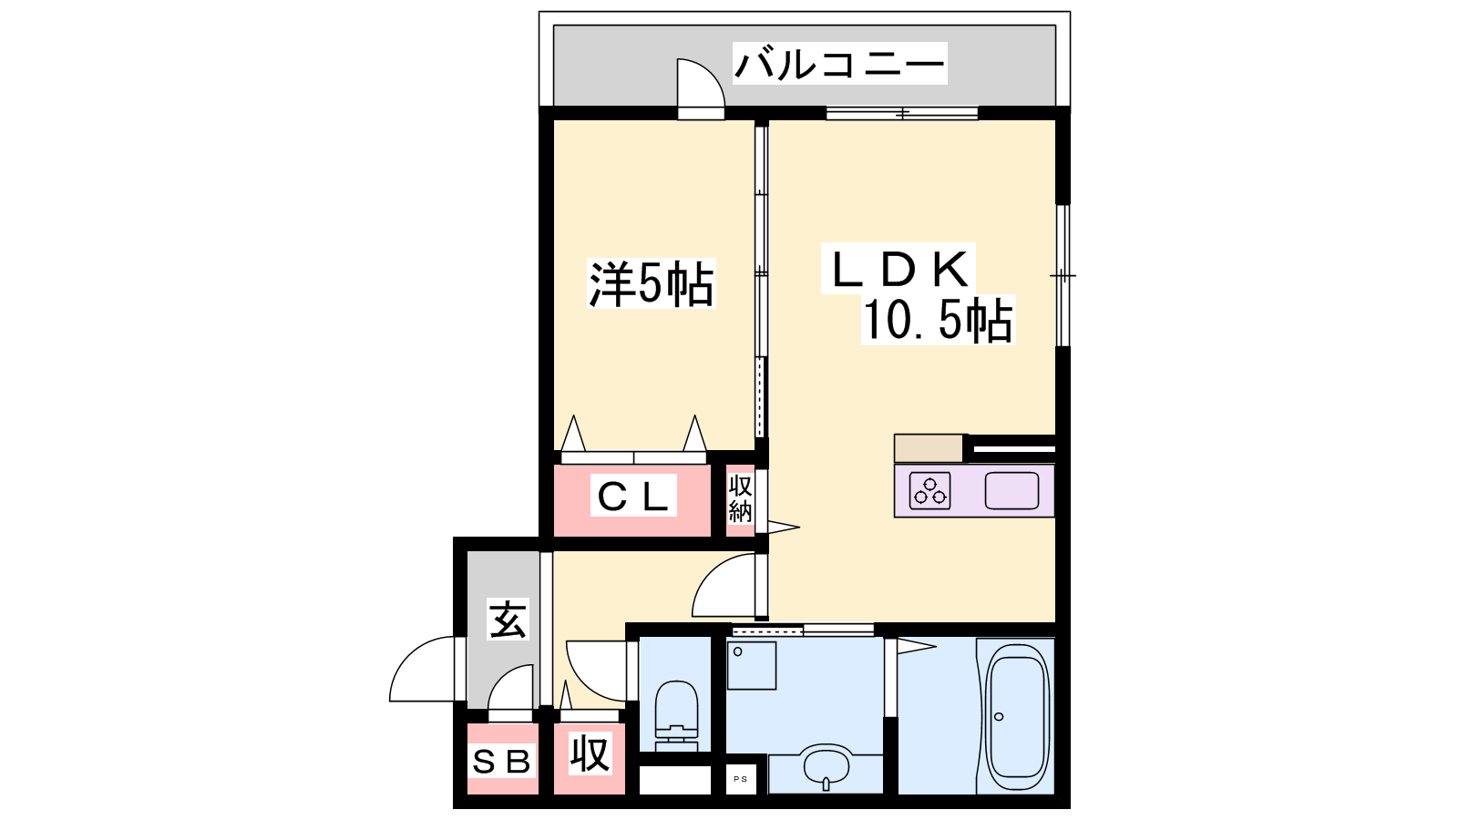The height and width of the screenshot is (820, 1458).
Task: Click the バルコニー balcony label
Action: click(839, 64)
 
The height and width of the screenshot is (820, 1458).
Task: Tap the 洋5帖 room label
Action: click(651, 283)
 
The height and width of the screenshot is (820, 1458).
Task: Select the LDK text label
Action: click(898, 269)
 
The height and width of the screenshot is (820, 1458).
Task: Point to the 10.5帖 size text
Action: click(938, 320)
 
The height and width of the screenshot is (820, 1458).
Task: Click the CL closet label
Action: click(633, 496)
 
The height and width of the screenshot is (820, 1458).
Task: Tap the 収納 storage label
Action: click(741, 499)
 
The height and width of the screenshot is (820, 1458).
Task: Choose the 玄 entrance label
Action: click(508, 619)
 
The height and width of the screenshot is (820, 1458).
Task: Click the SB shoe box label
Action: click(501, 761)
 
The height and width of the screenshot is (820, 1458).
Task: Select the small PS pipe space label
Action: click(741, 779)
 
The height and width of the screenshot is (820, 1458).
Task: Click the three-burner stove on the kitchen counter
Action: click(929, 491)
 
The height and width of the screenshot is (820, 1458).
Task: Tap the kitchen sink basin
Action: click(1011, 491)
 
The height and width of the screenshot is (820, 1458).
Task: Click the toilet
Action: click(676, 716)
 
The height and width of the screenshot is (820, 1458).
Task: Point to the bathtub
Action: click(1016, 716)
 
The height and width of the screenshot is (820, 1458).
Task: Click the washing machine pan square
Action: click(752, 665)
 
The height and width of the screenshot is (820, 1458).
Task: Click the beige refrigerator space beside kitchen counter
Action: click(929, 447)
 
